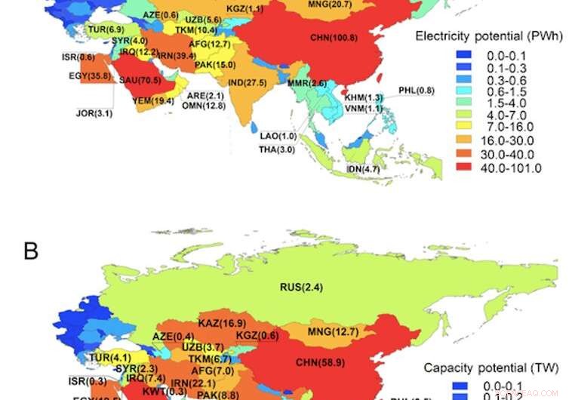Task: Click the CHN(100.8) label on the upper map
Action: pyautogui.click(x=334, y=37)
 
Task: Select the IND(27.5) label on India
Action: pyautogui.click(x=247, y=82)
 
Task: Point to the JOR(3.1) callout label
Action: pyautogui.click(x=94, y=113)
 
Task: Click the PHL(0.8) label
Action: pyautogui.click(x=417, y=91)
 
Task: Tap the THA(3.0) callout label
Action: pyautogui.click(x=277, y=149)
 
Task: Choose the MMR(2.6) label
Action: pyautogui.click(x=306, y=83)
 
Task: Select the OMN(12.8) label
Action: pyautogui.click(x=204, y=106)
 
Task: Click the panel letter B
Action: pyautogui.click(x=31, y=251)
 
